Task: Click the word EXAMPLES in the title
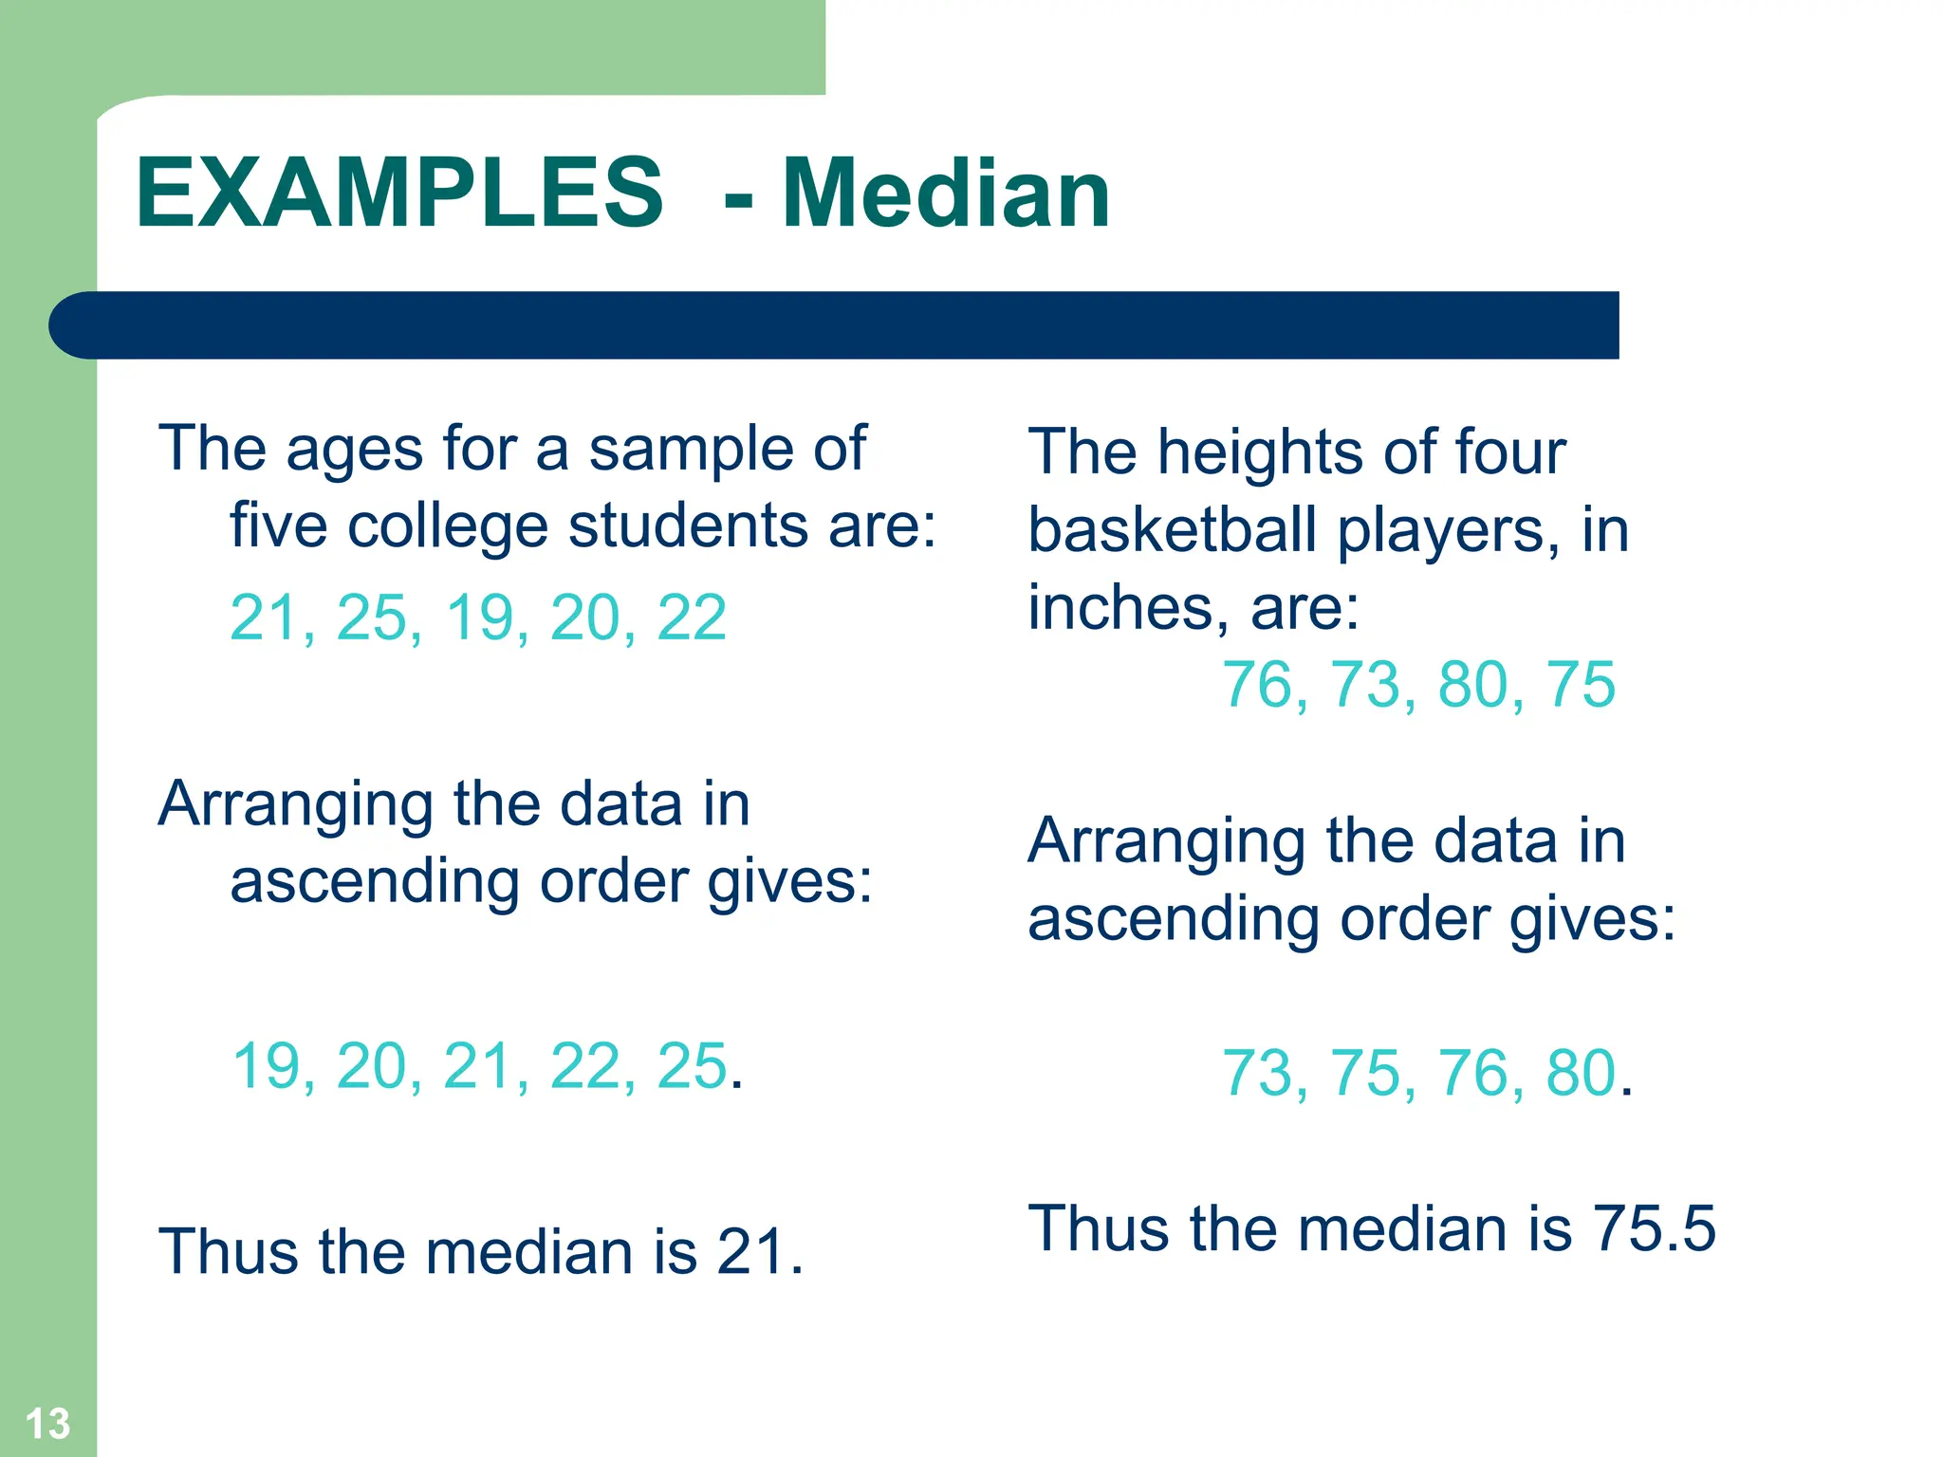click(399, 194)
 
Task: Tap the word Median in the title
click(946, 194)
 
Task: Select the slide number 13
click(47, 1424)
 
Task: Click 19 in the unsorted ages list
click(480, 618)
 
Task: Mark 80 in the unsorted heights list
click(1473, 684)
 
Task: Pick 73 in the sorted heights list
click(1258, 1074)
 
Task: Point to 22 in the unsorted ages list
click(692, 618)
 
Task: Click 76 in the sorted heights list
click(1473, 1074)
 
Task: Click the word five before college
click(279, 526)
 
